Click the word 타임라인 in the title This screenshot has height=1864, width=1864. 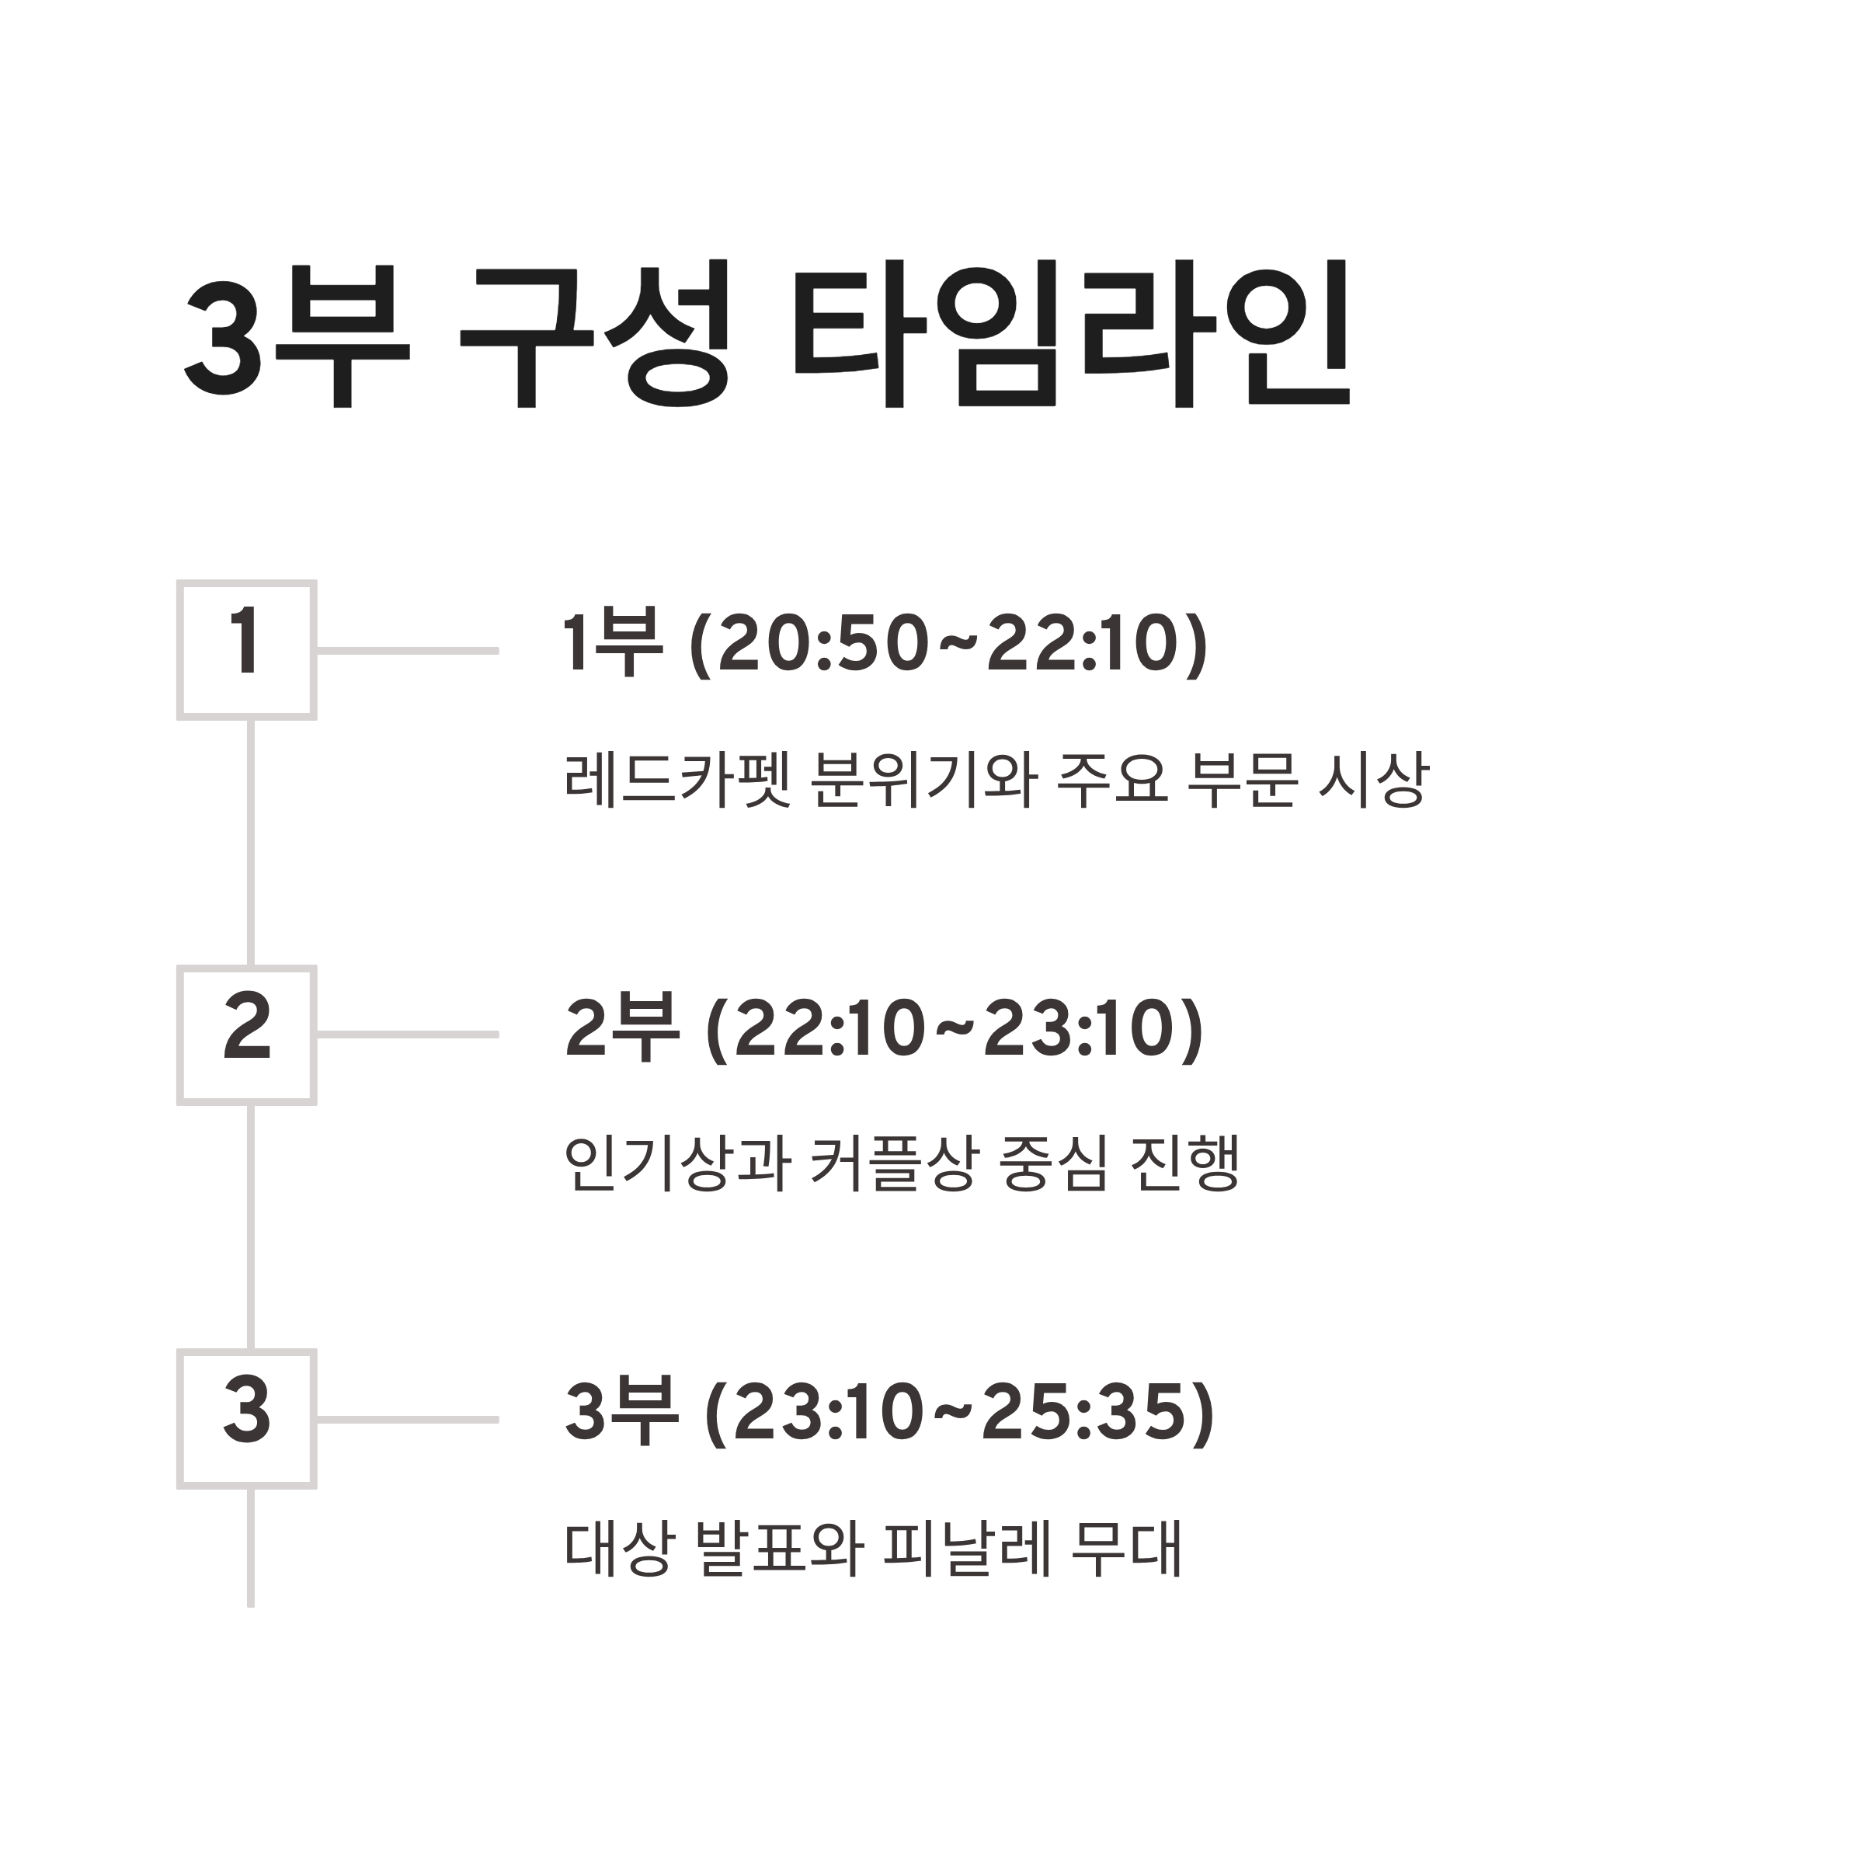[x=1070, y=333]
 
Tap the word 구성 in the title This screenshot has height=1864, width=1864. [x=593, y=333]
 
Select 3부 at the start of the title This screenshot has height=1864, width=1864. [x=296, y=333]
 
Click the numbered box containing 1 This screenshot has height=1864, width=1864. [x=247, y=650]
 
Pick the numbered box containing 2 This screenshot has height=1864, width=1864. [x=247, y=1035]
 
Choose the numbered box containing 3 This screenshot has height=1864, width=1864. [x=247, y=1419]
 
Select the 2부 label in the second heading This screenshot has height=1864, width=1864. [x=622, y=1028]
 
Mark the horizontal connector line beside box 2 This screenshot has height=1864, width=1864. [x=407, y=1035]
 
